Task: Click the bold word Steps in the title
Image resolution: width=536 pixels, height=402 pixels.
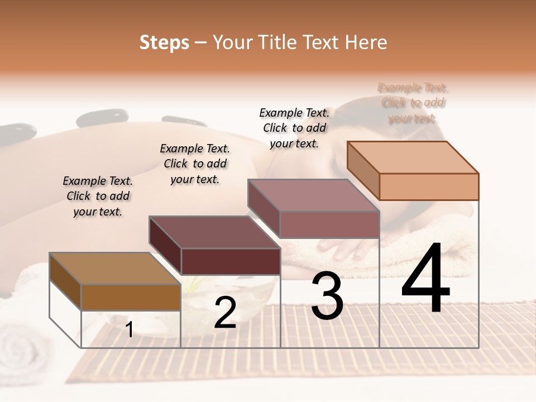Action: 164,42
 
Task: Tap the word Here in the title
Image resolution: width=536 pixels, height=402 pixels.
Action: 366,42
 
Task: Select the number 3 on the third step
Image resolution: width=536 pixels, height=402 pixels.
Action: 327,296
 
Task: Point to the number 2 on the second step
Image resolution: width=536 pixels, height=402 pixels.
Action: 225,313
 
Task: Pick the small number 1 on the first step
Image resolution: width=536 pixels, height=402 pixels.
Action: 130,330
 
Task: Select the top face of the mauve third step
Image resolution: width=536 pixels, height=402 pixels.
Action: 314,195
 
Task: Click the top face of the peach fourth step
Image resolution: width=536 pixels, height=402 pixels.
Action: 413,157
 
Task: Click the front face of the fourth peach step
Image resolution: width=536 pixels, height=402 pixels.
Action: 429,186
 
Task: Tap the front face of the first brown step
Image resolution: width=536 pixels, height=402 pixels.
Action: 131,297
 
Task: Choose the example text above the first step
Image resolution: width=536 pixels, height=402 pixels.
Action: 98,196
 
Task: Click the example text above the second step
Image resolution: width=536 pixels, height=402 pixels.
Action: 195,164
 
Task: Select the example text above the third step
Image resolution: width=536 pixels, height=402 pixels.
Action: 294,128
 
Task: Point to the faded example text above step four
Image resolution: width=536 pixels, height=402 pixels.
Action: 413,103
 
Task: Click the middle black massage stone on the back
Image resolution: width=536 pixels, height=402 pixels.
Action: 102,118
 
